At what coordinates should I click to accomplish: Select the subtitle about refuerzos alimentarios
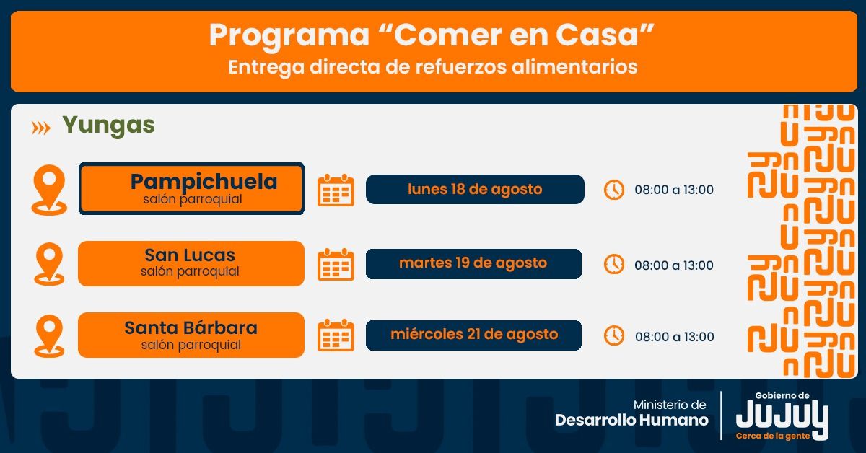(432, 67)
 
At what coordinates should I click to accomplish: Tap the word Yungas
(108, 126)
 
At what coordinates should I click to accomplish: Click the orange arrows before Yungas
(41, 128)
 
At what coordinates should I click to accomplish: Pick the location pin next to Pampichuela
(49, 189)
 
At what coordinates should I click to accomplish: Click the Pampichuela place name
(204, 182)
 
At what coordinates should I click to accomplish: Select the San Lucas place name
(190, 255)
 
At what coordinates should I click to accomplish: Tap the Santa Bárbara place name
(191, 327)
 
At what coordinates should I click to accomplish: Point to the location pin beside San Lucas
(49, 263)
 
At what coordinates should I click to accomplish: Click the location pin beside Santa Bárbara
(49, 335)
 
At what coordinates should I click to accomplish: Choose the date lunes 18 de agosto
(474, 189)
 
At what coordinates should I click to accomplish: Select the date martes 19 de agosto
(473, 263)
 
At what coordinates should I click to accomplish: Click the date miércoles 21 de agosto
(473, 335)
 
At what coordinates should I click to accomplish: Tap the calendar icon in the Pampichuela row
(336, 190)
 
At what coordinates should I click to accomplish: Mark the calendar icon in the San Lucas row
(336, 265)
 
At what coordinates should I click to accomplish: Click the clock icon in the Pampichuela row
(613, 190)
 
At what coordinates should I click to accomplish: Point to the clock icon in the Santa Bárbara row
(613, 335)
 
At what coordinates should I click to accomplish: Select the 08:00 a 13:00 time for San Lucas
(674, 265)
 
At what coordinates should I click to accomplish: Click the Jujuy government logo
(782, 418)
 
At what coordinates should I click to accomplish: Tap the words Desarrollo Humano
(631, 420)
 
